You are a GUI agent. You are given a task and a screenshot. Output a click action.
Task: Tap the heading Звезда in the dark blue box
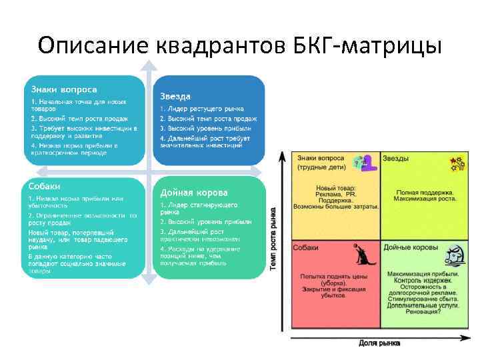point(175,96)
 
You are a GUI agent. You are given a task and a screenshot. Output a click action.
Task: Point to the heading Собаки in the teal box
point(45,185)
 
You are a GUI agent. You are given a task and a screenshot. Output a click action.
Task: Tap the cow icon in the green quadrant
point(454,254)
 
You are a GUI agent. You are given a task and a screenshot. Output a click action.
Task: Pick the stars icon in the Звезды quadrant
point(456,163)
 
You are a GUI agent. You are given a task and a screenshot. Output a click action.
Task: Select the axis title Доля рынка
point(379,343)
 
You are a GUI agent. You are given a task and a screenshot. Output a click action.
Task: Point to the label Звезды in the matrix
point(396,158)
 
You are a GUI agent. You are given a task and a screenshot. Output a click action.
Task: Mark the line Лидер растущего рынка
point(202,109)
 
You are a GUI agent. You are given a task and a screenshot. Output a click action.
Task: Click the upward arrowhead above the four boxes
point(149,65)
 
